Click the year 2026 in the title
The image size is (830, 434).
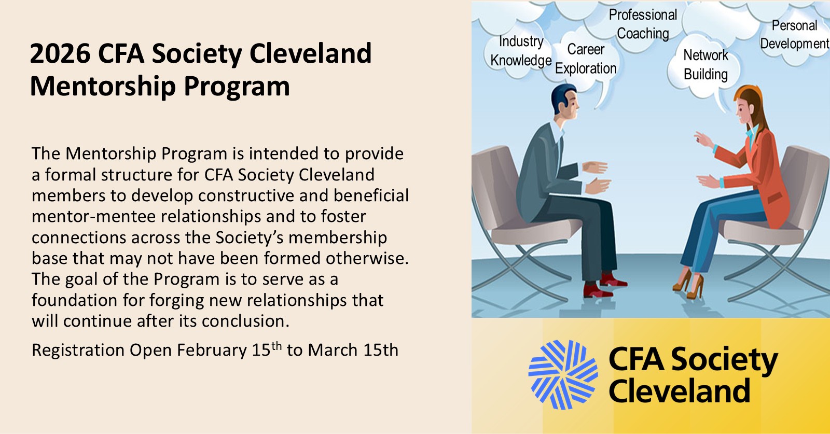60,53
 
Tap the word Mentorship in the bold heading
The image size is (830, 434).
103,87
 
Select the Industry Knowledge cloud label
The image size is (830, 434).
521,51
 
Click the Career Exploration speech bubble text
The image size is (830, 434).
586,59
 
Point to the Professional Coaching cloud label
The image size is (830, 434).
643,24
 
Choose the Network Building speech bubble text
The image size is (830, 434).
706,65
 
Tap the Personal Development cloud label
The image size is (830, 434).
794,34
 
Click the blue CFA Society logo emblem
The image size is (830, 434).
563,375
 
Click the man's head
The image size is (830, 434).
565,101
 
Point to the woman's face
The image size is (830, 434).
743,109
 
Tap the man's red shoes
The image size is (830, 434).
603,286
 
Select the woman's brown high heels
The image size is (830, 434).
688,284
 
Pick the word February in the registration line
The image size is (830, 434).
212,351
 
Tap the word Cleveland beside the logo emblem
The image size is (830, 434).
680,390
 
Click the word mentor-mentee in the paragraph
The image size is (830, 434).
93,217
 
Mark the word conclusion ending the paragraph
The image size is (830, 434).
245,321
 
